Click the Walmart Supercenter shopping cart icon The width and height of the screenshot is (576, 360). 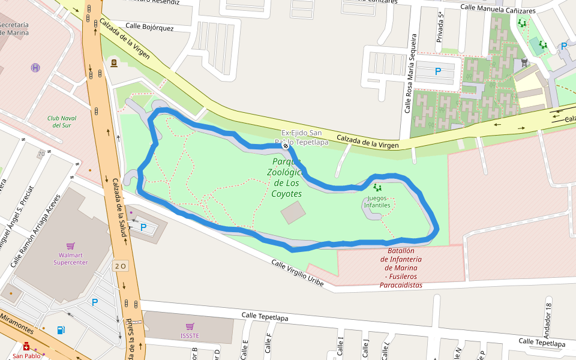71,246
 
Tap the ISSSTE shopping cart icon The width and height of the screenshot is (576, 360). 190,326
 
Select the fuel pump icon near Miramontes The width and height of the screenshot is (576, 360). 61,330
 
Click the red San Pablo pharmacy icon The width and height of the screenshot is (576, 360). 26,347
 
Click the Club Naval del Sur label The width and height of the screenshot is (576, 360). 62,122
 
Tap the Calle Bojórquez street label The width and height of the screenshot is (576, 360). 150,28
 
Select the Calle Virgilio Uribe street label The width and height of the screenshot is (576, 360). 298,272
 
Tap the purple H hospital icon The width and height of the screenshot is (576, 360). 35,68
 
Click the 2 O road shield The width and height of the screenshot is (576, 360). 121,266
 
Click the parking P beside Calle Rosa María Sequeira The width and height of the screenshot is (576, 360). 438,71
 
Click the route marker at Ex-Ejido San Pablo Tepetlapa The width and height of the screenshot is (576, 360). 286,146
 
